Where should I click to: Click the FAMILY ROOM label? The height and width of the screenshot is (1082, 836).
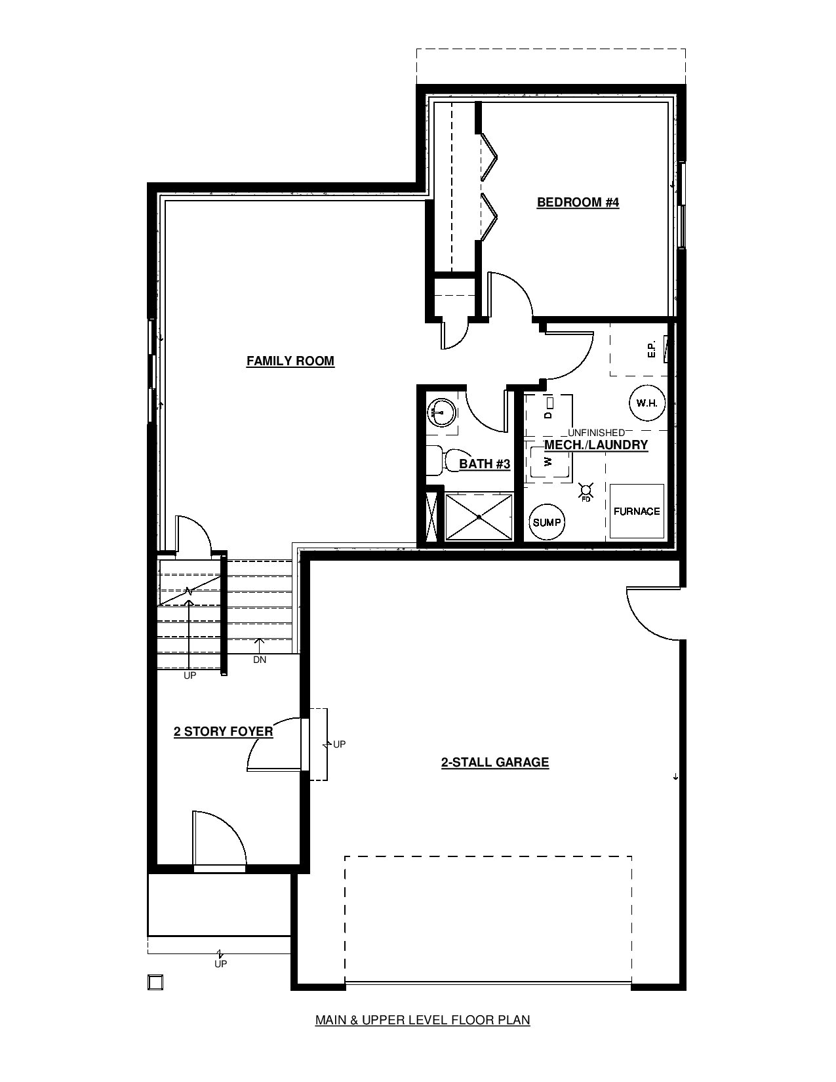pyautogui.click(x=290, y=361)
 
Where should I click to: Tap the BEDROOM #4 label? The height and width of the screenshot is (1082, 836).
pyautogui.click(x=578, y=203)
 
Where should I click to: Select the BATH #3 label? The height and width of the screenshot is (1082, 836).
pyautogui.click(x=485, y=464)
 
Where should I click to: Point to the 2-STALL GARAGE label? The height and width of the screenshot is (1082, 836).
pyautogui.click(x=495, y=762)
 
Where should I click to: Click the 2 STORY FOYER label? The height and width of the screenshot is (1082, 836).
pyautogui.click(x=223, y=731)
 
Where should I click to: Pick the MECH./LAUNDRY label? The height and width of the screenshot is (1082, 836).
pyautogui.click(x=596, y=445)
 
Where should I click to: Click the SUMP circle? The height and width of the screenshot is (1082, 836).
pyautogui.click(x=547, y=523)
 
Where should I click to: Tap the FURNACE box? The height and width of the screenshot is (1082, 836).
pyautogui.click(x=637, y=511)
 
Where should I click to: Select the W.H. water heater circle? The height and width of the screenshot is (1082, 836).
pyautogui.click(x=647, y=403)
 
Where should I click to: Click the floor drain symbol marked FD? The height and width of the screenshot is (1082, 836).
pyautogui.click(x=586, y=492)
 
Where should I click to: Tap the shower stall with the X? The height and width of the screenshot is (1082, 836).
pyautogui.click(x=479, y=516)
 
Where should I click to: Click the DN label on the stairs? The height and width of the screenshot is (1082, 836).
pyautogui.click(x=260, y=660)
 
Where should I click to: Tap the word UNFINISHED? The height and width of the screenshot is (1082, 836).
pyautogui.click(x=596, y=433)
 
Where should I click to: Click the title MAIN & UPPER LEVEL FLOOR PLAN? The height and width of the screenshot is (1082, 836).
pyautogui.click(x=423, y=1020)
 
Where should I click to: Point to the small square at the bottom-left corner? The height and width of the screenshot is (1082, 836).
pyautogui.click(x=155, y=982)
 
